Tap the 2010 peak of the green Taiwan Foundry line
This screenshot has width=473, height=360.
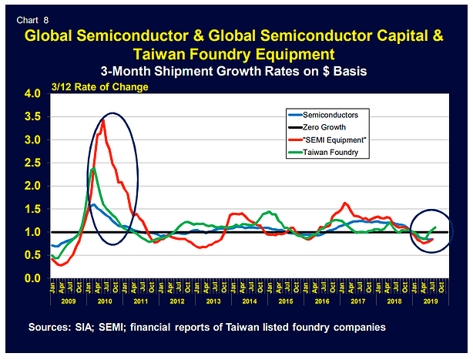tap(93, 168)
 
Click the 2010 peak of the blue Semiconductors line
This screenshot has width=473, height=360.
tap(93, 204)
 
